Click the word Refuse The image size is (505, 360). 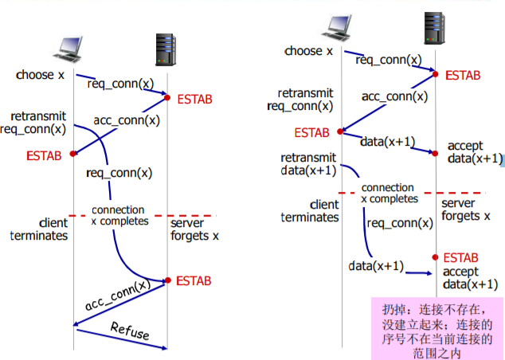click(129, 331)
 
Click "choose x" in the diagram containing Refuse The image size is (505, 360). click(39, 75)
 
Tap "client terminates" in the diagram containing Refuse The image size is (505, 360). click(41, 229)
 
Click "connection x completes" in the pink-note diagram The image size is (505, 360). click(388, 194)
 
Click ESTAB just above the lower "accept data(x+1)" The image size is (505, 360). click(461, 258)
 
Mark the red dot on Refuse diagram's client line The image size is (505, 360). click(73, 154)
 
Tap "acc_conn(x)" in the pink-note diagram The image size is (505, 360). click(395, 96)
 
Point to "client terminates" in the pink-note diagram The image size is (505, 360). click(311, 210)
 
